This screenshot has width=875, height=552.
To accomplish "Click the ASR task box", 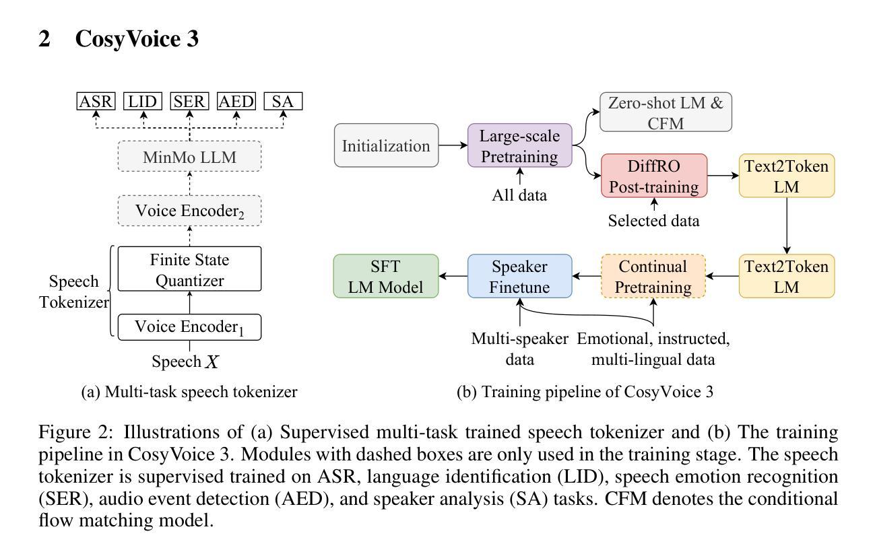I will [96, 102].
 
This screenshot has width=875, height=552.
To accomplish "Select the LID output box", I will [143, 102].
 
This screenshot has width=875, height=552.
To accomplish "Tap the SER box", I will [189, 102].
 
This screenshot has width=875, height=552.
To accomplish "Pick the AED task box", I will [236, 102].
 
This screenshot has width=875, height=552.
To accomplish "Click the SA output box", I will [283, 102].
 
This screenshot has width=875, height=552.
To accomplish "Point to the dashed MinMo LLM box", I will [189, 158].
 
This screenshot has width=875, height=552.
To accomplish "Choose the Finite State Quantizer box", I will [189, 269].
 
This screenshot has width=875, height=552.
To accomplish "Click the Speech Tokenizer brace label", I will [73, 291].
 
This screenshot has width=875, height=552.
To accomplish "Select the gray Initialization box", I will [386, 145].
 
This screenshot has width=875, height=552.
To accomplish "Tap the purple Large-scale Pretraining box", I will [520, 145].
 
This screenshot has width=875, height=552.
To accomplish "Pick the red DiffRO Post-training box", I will [654, 176].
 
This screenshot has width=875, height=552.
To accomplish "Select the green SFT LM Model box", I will [386, 276].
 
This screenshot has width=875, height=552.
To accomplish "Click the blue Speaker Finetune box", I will [520, 276].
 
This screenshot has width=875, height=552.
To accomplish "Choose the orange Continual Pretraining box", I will [653, 276].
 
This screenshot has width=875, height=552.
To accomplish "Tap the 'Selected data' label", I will [654, 221].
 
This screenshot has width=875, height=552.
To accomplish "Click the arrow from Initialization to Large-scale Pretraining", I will [453, 145].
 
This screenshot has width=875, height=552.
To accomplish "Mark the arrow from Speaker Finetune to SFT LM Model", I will [453, 276].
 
